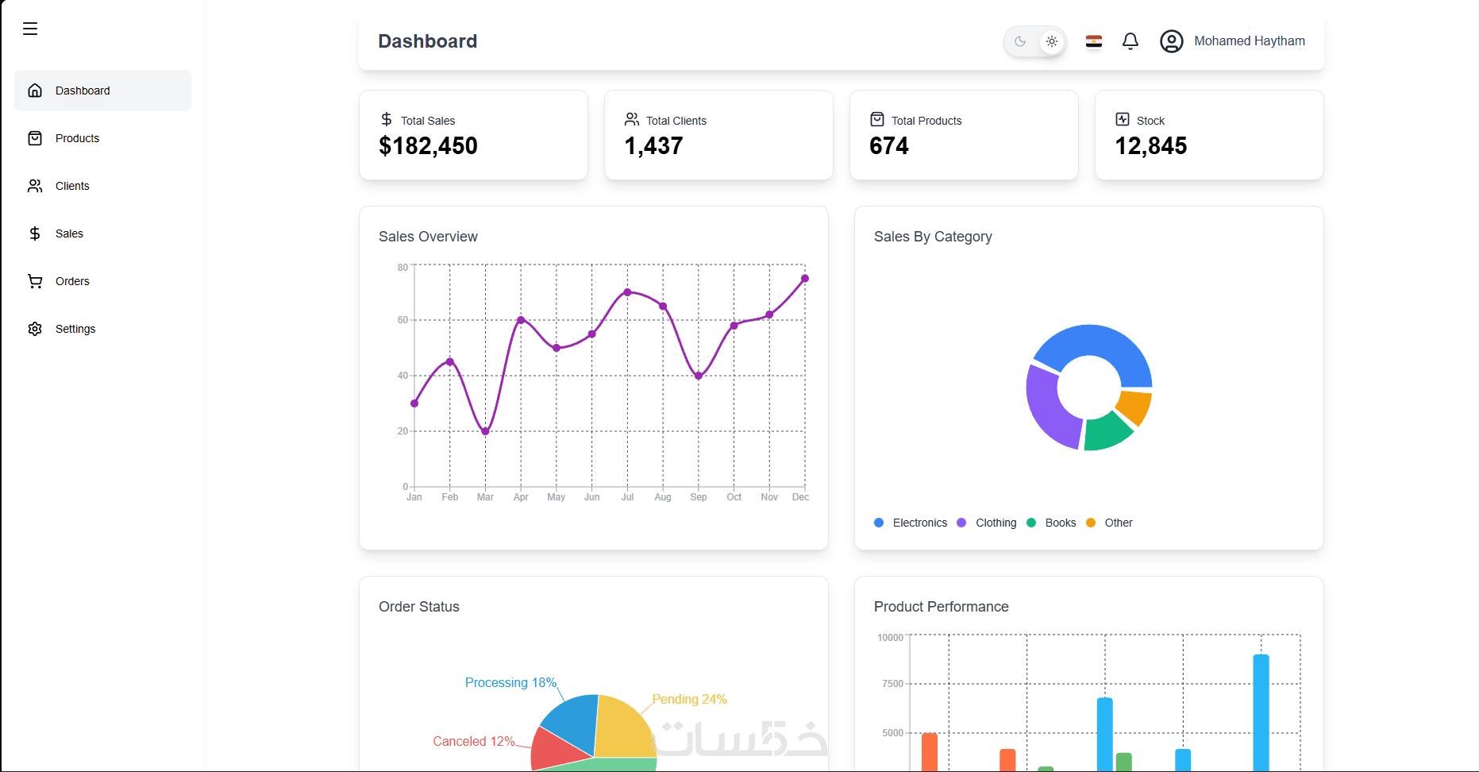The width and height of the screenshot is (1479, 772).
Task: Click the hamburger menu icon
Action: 30,29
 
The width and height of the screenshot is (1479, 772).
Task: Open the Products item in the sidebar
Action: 77,138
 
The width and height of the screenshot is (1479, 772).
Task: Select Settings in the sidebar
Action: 75,329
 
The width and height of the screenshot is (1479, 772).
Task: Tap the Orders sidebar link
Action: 71,281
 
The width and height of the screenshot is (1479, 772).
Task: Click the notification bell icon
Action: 1130,41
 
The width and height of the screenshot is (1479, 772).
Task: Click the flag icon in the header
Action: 1094,41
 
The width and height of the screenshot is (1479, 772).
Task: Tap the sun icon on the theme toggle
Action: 1052,41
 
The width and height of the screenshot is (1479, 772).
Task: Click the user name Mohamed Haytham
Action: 1249,41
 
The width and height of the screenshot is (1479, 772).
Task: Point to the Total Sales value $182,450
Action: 428,146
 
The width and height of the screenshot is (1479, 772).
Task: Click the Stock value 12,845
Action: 1150,146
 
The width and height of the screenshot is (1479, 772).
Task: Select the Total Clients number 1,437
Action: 653,146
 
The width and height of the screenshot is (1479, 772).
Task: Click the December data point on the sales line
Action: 805,279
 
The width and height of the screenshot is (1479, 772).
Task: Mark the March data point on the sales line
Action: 485,431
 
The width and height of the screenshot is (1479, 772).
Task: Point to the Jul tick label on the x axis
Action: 627,497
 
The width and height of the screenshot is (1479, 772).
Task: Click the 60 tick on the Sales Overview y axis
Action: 402,320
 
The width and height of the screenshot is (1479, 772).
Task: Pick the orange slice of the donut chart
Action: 1134,406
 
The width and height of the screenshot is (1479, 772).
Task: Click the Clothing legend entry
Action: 995,523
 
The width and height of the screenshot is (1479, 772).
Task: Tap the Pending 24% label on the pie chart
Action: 689,699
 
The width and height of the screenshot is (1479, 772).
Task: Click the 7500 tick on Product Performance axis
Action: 892,684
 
